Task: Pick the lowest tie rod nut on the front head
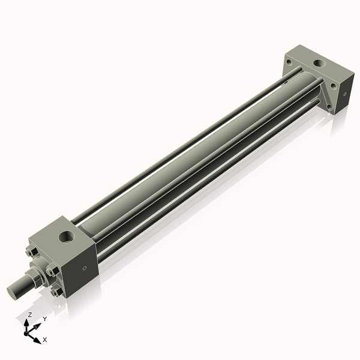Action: point(58,292)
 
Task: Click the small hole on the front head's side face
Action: point(84,268)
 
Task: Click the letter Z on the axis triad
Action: point(30,314)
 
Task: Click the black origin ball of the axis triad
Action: point(28,332)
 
